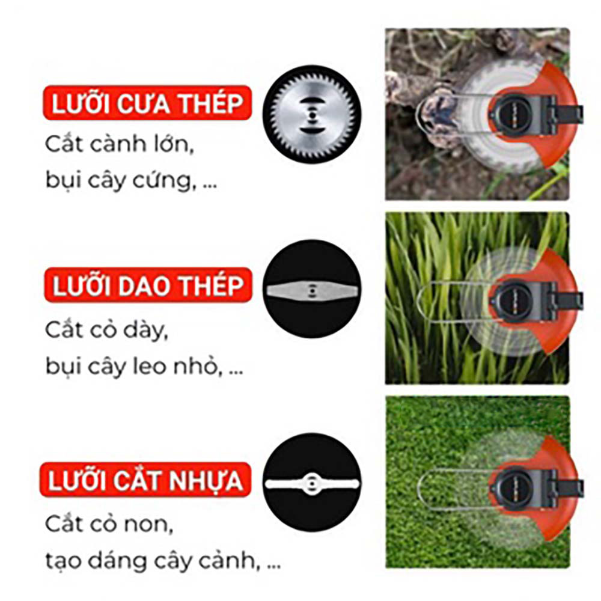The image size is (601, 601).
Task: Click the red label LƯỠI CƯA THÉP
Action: point(147,103)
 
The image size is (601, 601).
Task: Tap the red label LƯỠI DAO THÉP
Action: point(148,285)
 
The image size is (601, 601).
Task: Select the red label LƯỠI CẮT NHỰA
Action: point(145,480)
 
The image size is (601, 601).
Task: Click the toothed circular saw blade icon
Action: point(311,114)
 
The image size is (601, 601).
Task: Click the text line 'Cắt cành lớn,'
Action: point(119,144)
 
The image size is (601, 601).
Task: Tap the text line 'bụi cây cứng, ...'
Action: point(131,180)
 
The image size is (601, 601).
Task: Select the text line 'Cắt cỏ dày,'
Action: point(106,329)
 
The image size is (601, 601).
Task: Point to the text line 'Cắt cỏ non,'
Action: point(109,523)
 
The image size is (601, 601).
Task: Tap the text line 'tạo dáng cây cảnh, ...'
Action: point(163,560)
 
